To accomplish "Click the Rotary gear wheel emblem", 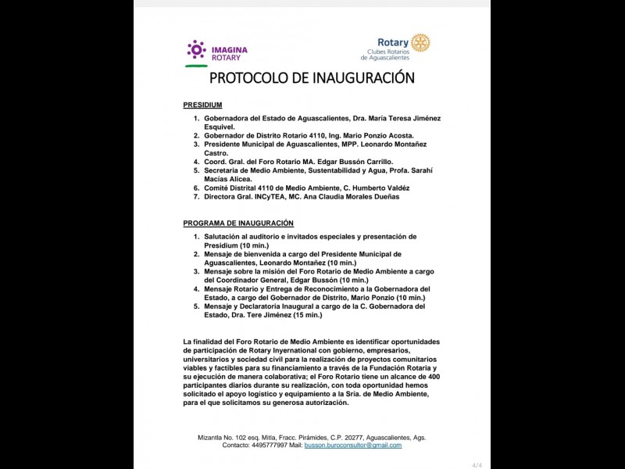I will click(420, 43).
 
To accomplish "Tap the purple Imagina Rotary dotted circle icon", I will click(196, 49).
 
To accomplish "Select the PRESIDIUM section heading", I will click(202, 105).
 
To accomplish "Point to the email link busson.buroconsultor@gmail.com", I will click(353, 445).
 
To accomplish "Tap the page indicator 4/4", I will click(477, 464).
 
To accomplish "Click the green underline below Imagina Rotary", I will click(196, 66).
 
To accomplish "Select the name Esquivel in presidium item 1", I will click(220, 126).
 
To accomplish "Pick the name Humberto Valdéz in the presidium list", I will click(383, 188).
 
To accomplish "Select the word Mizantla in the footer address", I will click(212, 437).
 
